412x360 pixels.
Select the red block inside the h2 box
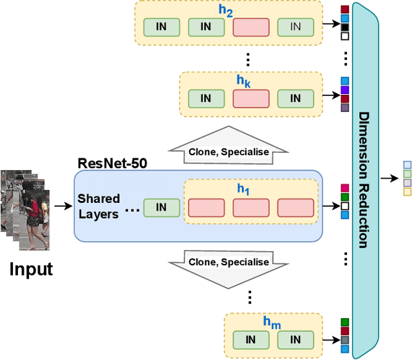click(x=250, y=27)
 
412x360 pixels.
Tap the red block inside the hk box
click(x=250, y=99)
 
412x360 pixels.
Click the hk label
click(x=242, y=82)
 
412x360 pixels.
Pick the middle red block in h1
click(x=250, y=207)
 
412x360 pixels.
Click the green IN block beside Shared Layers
click(x=161, y=207)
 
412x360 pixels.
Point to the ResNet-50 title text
click(x=112, y=163)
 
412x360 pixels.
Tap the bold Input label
click(x=31, y=269)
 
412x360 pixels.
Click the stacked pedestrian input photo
click(x=24, y=209)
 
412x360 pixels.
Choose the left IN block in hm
click(x=250, y=339)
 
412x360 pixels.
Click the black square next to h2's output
click(x=344, y=28)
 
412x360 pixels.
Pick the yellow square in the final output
click(x=407, y=192)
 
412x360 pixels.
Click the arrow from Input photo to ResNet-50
click(x=62, y=207)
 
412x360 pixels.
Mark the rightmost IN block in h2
click(x=295, y=27)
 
